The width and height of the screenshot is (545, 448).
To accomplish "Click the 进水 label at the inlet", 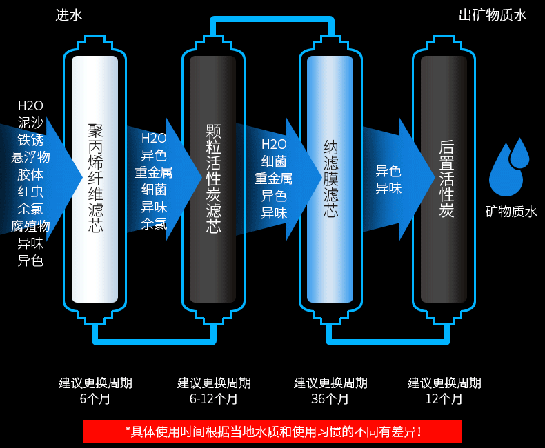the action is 69,15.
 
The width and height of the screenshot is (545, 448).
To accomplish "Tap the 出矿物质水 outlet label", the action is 493,15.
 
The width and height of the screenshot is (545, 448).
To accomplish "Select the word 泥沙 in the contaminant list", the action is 30,123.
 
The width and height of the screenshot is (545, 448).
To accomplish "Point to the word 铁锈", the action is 30,140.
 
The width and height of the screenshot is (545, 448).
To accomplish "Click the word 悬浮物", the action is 30,157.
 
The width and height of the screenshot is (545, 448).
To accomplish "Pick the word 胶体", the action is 30,174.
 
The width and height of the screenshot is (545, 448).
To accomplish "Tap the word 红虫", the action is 30,192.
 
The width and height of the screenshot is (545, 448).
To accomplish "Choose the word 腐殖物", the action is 30,226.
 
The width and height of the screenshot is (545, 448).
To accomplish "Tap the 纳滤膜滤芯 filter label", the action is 330,179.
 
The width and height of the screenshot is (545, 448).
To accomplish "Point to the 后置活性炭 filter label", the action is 446,179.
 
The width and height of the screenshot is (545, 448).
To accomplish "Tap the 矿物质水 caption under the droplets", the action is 511,212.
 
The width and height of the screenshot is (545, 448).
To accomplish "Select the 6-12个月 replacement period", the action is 214,399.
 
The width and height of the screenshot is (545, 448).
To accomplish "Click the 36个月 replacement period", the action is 330,399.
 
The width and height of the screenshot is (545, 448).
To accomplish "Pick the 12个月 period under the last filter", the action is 444,399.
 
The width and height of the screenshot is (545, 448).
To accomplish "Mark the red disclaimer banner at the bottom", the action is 272,432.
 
